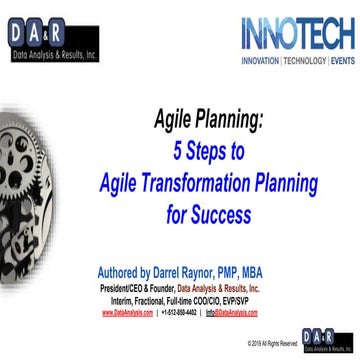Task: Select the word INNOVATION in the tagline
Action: pyautogui.click(x=263, y=61)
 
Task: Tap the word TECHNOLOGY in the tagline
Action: pyautogui.click(x=305, y=61)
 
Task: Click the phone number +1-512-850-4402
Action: pyautogui.click(x=180, y=312)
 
